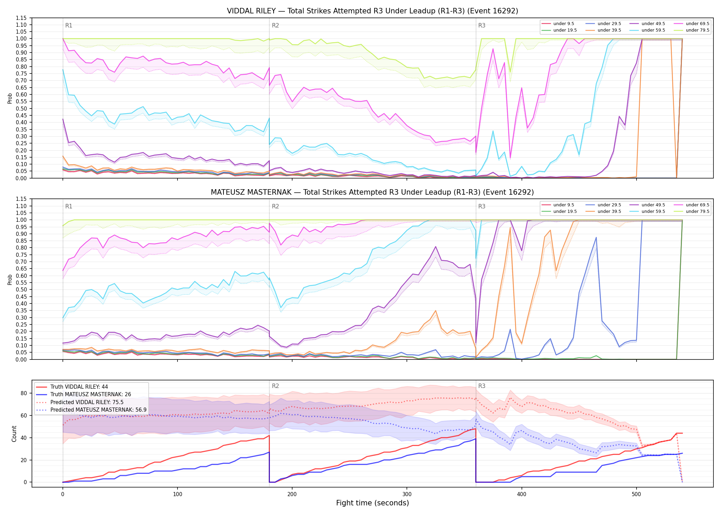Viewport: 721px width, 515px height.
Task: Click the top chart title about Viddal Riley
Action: pyautogui.click(x=373, y=11)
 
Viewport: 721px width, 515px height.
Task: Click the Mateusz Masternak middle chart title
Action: pyautogui.click(x=373, y=192)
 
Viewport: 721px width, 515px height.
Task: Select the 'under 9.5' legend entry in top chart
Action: pyautogui.click(x=558, y=24)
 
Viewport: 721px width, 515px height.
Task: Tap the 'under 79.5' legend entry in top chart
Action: pyautogui.click(x=690, y=30)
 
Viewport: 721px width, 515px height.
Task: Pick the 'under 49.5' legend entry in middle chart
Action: pyautogui.click(x=646, y=205)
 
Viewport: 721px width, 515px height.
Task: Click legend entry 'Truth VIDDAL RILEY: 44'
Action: pyautogui.click(x=72, y=387)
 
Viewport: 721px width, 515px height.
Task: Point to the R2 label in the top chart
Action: pyautogui.click(x=275, y=25)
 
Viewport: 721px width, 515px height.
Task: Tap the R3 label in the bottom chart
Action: pyautogui.click(x=482, y=386)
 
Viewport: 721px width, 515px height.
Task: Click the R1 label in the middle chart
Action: pyautogui.click(x=69, y=206)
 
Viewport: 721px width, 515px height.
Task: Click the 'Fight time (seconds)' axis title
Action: pyautogui.click(x=373, y=503)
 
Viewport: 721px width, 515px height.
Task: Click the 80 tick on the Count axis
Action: pyautogui.click(x=24, y=393)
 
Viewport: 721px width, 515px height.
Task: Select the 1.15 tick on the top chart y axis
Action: pyautogui.click(x=22, y=18)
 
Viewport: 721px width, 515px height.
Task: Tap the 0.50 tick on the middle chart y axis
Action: pyautogui.click(x=22, y=289)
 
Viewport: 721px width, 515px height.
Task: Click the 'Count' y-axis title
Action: pyautogui.click(x=14, y=434)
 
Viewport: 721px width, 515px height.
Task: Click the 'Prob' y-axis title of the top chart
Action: pyautogui.click(x=10, y=98)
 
